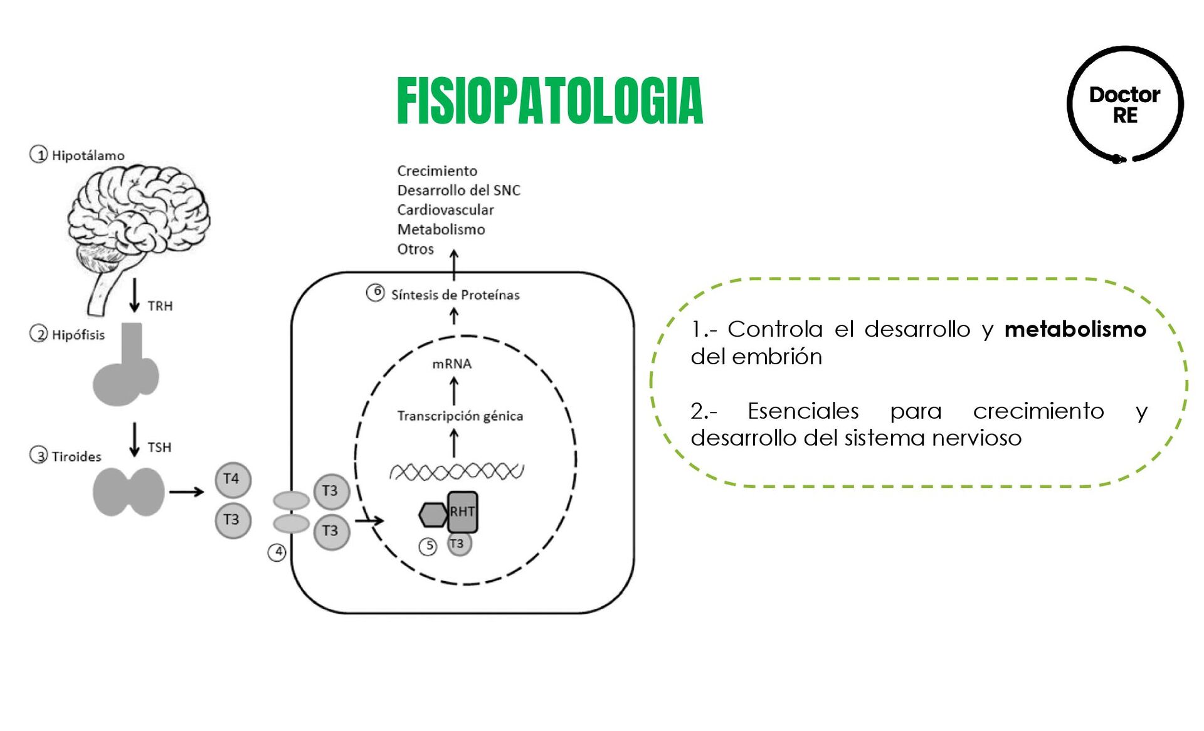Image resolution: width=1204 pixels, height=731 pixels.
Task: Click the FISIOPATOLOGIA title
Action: click(x=550, y=101)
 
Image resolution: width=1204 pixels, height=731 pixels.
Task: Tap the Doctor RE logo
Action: click(x=1124, y=105)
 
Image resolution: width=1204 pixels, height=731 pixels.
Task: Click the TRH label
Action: click(x=160, y=306)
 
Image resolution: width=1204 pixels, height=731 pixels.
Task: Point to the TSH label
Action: click(x=159, y=447)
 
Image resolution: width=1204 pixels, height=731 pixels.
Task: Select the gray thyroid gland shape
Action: click(x=129, y=492)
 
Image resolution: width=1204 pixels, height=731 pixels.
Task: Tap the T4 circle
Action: click(x=233, y=480)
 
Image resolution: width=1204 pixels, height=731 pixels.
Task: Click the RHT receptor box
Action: click(x=463, y=512)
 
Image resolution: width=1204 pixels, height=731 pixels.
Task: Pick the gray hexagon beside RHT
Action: click(x=433, y=515)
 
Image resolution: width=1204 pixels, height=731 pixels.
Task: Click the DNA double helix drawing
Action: click(x=457, y=471)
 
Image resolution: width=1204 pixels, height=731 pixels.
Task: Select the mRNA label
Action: click(x=451, y=364)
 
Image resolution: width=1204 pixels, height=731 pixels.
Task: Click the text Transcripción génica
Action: click(x=460, y=416)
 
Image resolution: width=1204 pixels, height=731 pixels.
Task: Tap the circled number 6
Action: click(x=376, y=292)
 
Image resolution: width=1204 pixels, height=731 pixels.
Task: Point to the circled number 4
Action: click(x=277, y=552)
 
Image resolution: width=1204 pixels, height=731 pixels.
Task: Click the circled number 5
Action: click(x=428, y=546)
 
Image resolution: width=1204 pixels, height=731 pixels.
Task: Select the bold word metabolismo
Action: click(x=1075, y=329)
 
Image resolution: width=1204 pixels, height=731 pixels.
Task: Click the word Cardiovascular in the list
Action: click(x=445, y=210)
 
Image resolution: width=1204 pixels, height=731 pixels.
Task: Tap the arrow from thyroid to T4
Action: click(x=186, y=492)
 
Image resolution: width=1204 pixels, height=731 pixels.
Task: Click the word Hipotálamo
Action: click(x=88, y=155)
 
